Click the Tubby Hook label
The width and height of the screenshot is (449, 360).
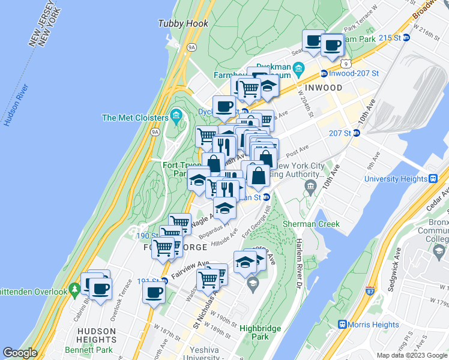183,23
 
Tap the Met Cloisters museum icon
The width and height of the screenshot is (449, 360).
176,114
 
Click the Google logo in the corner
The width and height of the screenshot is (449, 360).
20,353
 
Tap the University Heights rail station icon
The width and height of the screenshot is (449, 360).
432,178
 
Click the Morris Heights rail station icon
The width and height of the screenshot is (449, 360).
343,325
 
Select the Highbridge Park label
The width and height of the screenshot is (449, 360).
261,332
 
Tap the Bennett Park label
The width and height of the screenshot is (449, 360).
96,349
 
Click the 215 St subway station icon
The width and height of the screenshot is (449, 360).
406,37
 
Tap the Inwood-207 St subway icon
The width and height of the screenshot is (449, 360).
324,74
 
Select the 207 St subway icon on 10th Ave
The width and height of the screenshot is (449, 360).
356,133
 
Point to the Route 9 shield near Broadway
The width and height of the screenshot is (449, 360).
345,62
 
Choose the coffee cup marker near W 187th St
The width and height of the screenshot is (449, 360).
154,293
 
